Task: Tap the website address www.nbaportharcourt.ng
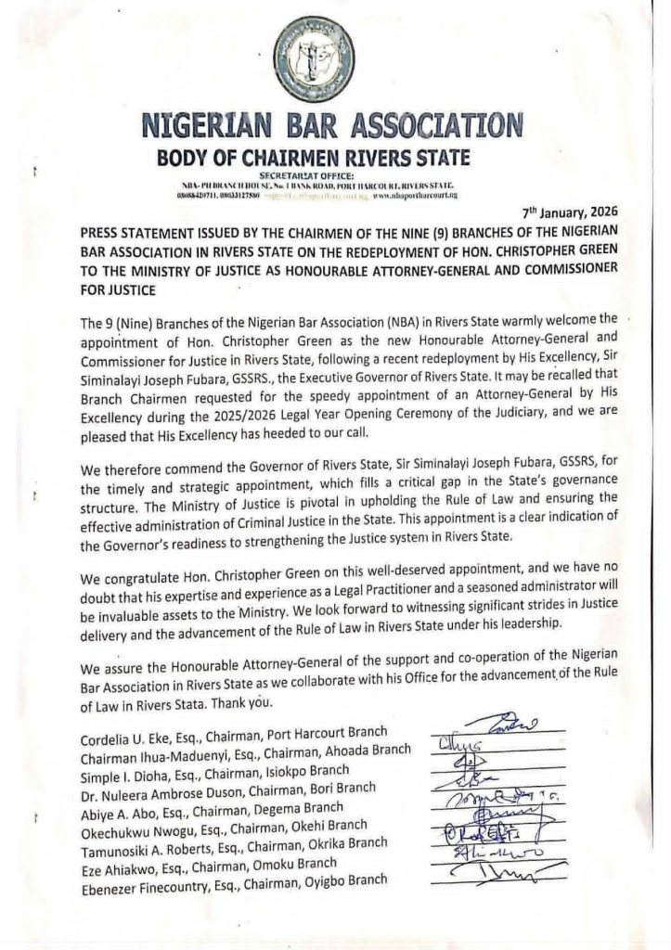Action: click(415, 196)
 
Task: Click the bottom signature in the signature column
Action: click(501, 872)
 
